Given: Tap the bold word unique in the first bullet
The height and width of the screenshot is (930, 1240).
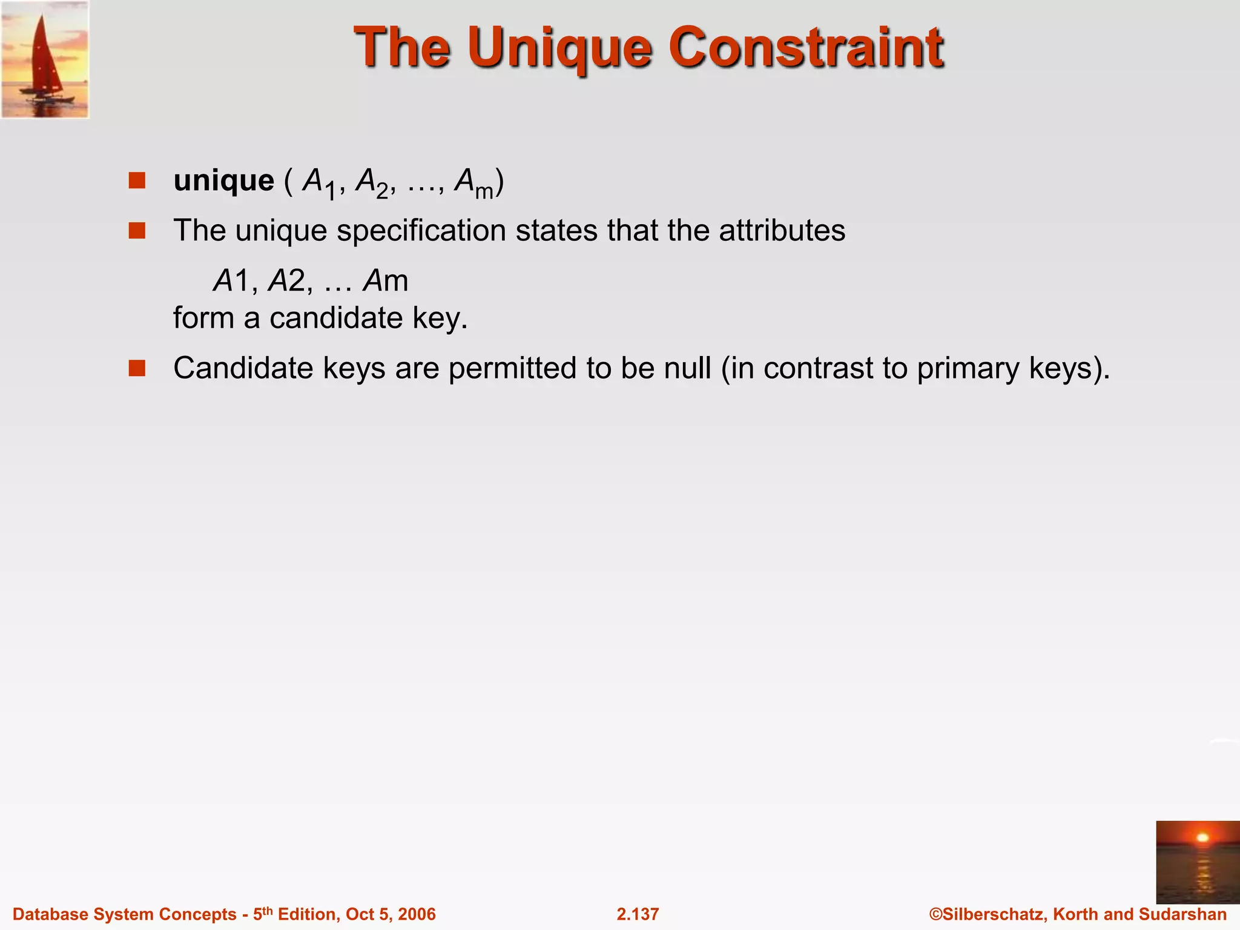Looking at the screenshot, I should pos(223,181).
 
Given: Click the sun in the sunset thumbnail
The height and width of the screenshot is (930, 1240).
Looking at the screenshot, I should pos(1202,838).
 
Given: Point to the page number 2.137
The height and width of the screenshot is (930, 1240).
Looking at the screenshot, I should pos(638,914).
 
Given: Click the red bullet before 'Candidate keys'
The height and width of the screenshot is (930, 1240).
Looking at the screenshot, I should pos(137,368).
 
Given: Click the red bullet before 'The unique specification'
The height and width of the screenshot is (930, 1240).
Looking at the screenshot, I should pos(137,231).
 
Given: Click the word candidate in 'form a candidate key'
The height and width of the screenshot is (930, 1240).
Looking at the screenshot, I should pos(335,318).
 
